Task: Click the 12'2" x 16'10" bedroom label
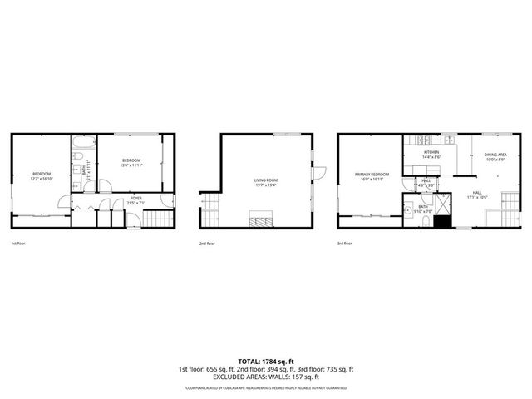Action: (x=42, y=176)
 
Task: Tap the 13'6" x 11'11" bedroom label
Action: (x=131, y=162)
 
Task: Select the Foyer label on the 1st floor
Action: (x=135, y=199)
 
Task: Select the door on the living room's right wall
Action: (x=319, y=173)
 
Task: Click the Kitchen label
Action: (x=431, y=154)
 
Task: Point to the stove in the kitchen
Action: (x=424, y=140)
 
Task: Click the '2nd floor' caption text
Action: (x=207, y=244)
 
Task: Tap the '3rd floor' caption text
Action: (x=344, y=244)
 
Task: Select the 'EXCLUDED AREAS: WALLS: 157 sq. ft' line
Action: (x=265, y=377)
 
